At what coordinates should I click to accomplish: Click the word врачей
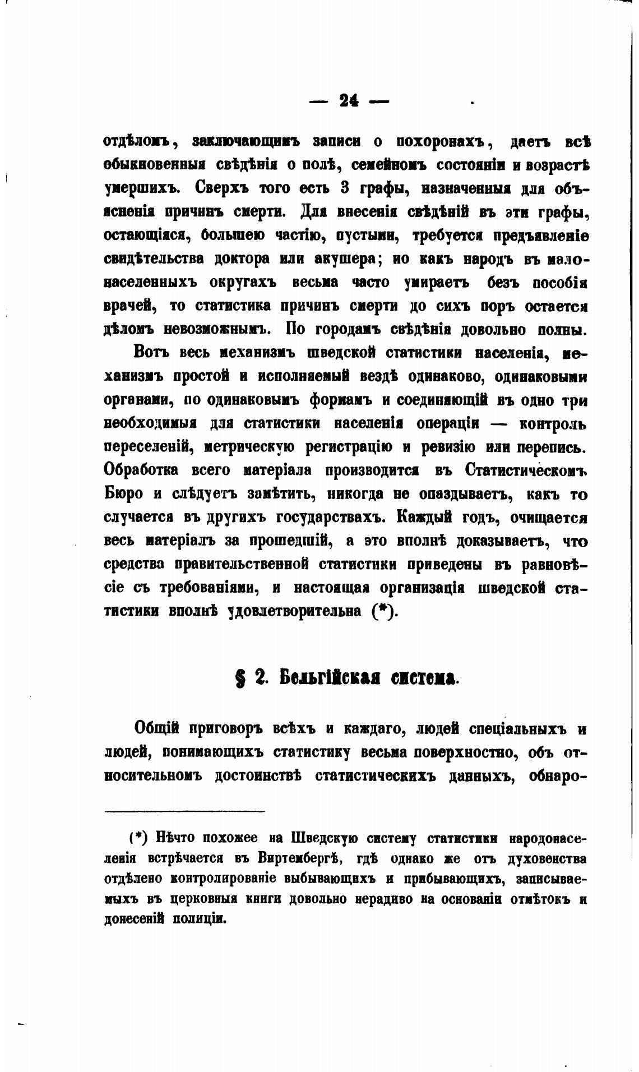pos(129,307)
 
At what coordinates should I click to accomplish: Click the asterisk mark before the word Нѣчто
pos(138,838)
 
